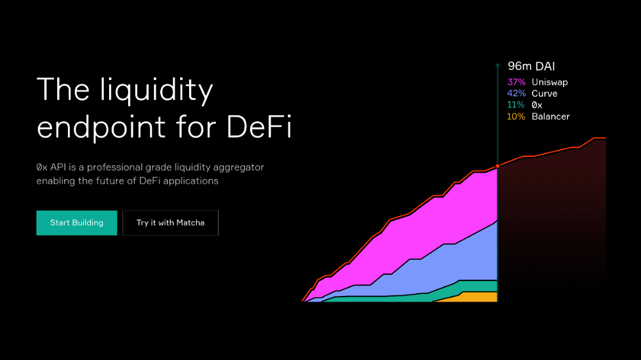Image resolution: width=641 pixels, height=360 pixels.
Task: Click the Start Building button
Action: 77,223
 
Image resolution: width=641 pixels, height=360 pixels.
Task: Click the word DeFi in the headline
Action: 259,127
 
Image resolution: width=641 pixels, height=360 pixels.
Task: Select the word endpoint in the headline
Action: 101,128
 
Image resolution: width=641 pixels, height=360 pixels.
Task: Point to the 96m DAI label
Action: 531,66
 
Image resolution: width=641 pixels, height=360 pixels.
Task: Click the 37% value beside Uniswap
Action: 516,82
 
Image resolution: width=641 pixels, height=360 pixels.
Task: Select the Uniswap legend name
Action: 549,82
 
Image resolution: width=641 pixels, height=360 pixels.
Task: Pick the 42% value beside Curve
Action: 516,94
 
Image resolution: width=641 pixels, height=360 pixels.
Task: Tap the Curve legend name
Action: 544,94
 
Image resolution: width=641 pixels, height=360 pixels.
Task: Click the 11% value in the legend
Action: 515,105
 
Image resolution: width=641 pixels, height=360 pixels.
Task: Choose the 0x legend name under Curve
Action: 537,105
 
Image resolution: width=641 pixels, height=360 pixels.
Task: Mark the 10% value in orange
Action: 516,117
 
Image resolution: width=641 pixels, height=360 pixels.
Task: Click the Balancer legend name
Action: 551,117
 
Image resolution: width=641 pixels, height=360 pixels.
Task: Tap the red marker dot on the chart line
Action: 497,167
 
